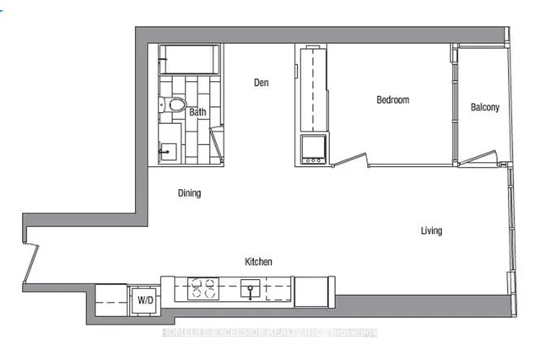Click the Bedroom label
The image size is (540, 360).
click(392, 100)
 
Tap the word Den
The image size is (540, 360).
click(261, 83)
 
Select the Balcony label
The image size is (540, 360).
click(485, 107)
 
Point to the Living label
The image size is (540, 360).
click(430, 231)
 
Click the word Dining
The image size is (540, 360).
click(189, 193)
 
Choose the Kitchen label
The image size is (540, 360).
click(258, 262)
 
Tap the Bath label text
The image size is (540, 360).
click(197, 112)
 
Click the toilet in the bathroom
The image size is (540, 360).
click(175, 106)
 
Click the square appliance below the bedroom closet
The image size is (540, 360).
click(313, 149)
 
